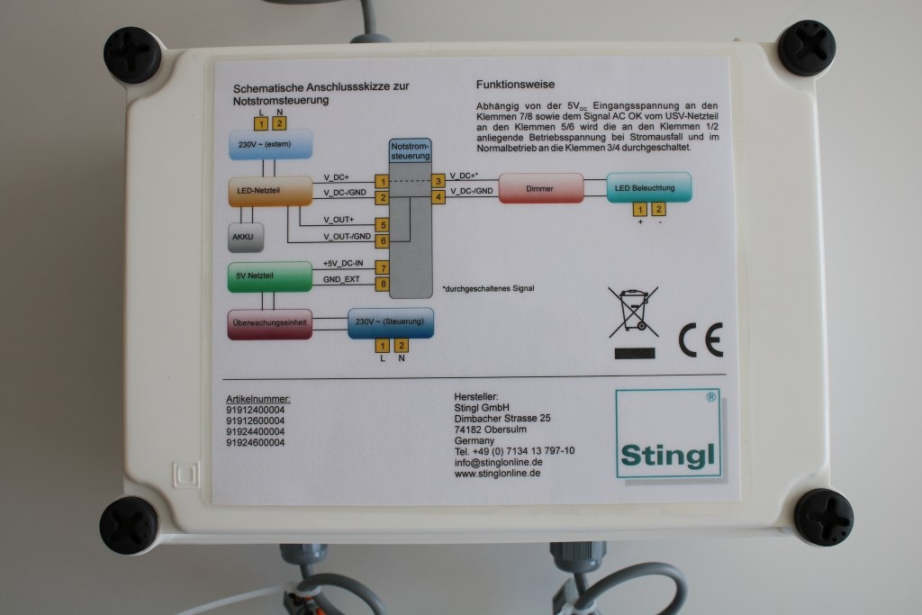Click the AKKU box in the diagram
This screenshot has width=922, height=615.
(244, 238)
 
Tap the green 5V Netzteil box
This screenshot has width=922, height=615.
(263, 276)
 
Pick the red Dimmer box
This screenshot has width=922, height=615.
(540, 188)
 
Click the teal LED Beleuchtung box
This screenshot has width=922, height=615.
(648, 187)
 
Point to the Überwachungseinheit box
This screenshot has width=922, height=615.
(270, 324)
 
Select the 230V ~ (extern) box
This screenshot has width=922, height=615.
(270, 144)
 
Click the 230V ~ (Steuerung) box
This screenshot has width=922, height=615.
(391, 322)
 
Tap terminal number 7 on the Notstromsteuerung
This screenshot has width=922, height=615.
(383, 268)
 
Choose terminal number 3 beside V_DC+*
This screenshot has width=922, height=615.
(438, 180)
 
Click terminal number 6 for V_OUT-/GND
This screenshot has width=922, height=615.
(383, 240)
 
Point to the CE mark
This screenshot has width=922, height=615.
(700, 339)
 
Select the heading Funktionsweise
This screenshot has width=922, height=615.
(514, 84)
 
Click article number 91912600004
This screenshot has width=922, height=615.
(255, 420)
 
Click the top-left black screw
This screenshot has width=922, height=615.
(131, 54)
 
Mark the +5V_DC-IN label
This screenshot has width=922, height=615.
(343, 264)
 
